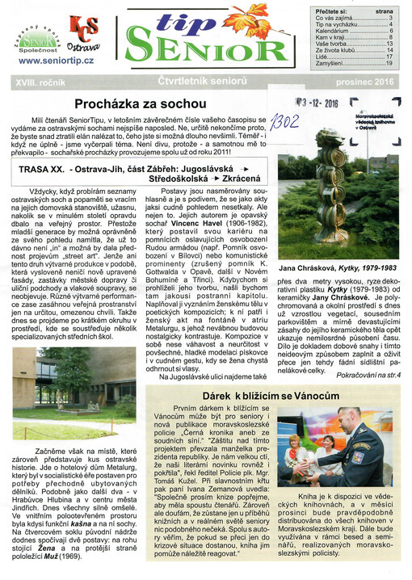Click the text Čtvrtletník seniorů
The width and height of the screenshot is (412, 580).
208,82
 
